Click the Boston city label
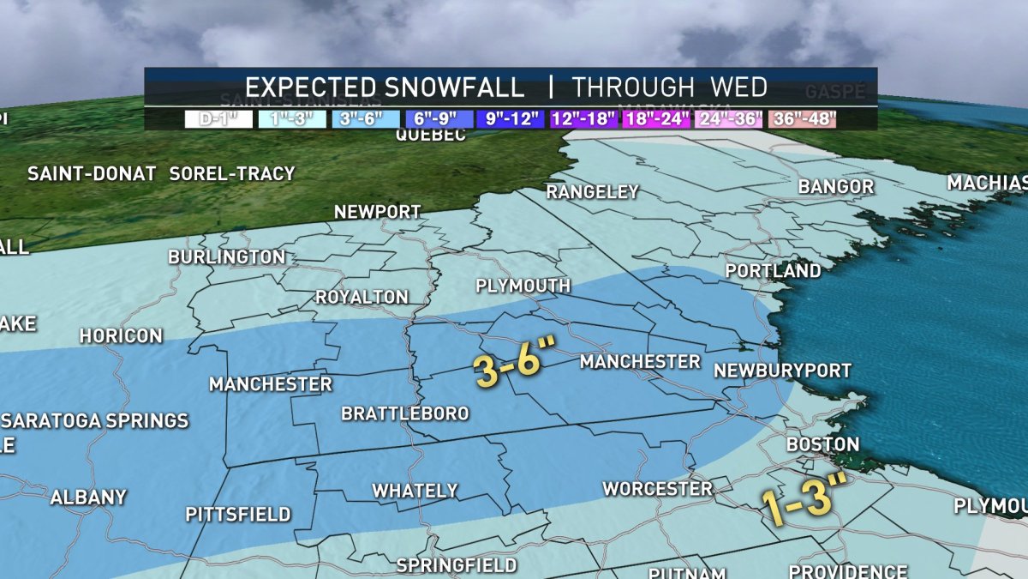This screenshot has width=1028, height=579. tap(822, 444)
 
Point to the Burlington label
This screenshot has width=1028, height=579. tap(226, 257)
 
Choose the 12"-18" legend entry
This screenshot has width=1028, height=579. tap(584, 119)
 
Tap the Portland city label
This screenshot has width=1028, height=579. tap(773, 271)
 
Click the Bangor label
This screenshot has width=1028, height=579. tap(835, 187)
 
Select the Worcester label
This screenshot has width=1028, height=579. tap(657, 489)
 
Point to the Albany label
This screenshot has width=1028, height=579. tap(88, 498)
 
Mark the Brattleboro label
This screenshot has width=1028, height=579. tap(405, 414)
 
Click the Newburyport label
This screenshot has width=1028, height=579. tap(782, 371)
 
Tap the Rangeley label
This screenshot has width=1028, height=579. tap(593, 192)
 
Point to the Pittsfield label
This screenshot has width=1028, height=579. tap(238, 516)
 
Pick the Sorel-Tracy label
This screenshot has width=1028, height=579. tap(231, 173)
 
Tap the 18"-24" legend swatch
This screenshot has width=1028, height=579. tap(657, 119)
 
